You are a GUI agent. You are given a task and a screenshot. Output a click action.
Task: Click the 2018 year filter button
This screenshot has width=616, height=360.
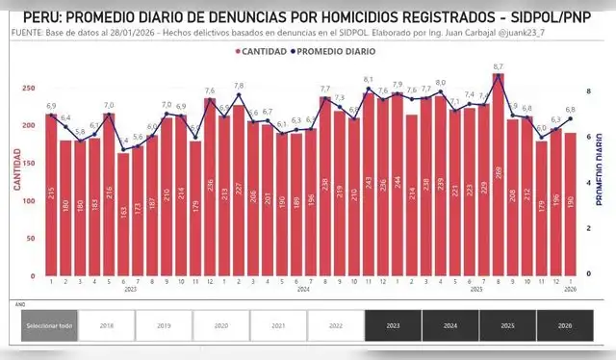click(x=106, y=325)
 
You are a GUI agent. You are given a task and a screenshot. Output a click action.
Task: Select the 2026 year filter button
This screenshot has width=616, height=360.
click(x=565, y=325)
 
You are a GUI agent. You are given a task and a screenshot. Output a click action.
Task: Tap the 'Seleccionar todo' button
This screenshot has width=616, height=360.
click(x=49, y=325)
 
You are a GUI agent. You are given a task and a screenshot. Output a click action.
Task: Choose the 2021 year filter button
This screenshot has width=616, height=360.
click(x=278, y=325)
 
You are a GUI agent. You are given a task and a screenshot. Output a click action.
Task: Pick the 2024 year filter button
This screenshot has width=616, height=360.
click(x=450, y=325)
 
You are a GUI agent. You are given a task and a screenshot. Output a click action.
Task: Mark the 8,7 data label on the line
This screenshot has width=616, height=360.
click(x=498, y=66)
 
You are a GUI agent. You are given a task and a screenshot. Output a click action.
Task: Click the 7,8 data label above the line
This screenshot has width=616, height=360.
click(x=239, y=86)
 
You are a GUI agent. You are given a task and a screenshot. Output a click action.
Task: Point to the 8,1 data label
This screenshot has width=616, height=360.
click(x=369, y=79)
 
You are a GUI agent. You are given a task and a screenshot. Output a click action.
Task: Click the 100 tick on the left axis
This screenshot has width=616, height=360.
click(x=31, y=201)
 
